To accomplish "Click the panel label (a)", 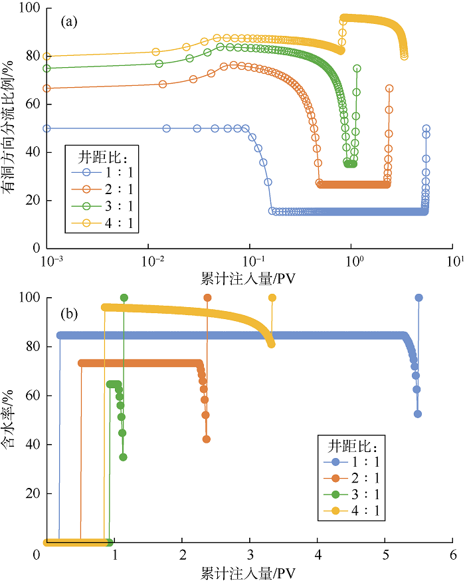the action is click(69, 21).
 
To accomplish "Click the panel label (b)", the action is click(69, 314).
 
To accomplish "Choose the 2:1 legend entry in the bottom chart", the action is click(351, 478).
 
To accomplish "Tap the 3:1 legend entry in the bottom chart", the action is click(351, 494).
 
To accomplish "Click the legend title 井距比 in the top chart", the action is click(102, 158).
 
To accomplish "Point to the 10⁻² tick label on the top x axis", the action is click(153, 261).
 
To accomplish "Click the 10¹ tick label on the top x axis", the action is click(455, 261).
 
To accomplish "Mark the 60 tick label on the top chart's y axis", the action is click(33, 104).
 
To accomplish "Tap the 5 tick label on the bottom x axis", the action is click(385, 555).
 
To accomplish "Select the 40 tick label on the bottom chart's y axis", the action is click(33, 444).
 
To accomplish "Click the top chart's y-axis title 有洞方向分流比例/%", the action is click(8, 126).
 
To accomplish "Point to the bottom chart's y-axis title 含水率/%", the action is click(7, 419).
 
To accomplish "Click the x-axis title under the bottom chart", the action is click(248, 573).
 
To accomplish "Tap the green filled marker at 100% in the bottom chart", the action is click(124, 297).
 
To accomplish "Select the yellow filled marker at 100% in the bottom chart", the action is click(272, 297).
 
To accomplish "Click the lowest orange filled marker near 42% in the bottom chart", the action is click(207, 439).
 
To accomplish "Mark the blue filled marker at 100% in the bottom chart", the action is click(419, 297).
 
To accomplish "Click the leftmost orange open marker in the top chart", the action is click(46, 88).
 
